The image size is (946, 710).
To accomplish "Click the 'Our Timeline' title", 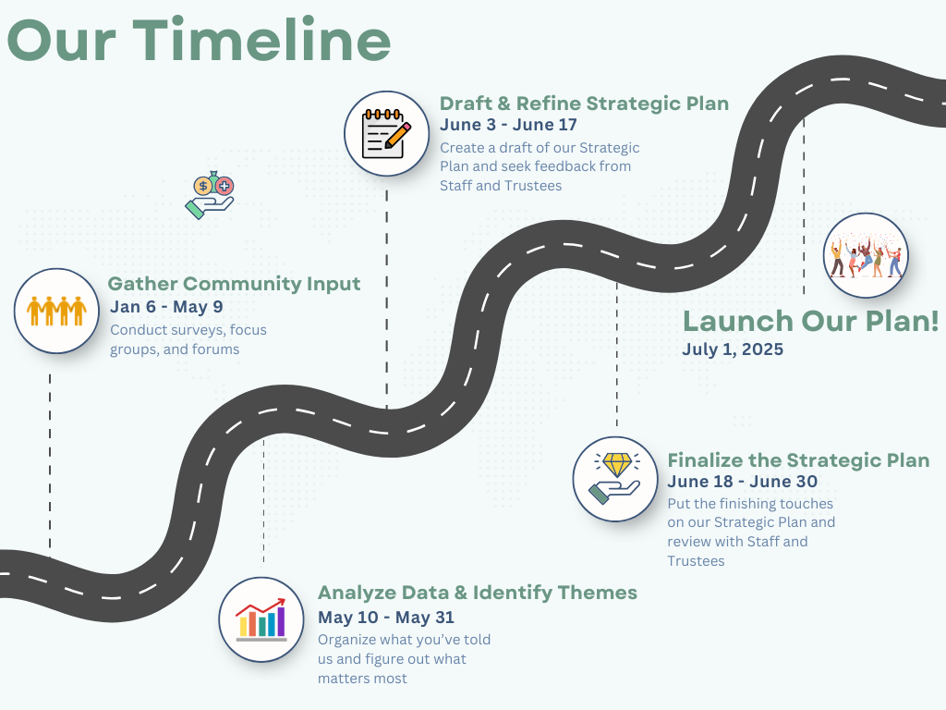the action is click(x=200, y=40).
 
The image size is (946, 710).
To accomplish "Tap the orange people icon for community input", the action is click(x=56, y=311).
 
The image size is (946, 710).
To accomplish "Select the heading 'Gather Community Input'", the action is click(x=234, y=284).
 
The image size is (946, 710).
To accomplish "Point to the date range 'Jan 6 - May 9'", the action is click(x=166, y=307).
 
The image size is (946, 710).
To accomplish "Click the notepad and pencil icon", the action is click(x=387, y=133).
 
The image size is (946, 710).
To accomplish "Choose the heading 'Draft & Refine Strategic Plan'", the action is click(x=584, y=104).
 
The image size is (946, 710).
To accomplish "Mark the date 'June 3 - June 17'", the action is click(x=508, y=125).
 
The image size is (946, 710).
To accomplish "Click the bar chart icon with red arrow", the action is click(x=261, y=619).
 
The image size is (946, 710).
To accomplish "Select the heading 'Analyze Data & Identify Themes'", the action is click(x=478, y=593).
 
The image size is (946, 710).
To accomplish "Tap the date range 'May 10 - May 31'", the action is click(x=386, y=618).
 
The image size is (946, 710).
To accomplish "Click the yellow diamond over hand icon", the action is click(x=615, y=479).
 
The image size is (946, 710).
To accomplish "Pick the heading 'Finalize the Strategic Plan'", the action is click(x=798, y=460).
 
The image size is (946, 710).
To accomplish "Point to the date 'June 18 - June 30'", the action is click(x=742, y=482).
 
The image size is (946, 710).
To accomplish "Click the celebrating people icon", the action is click(x=866, y=255).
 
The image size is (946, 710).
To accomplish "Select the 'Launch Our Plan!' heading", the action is click(x=810, y=321).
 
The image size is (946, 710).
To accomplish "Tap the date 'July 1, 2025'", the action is click(x=733, y=349).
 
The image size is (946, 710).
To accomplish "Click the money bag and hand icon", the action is click(x=210, y=195).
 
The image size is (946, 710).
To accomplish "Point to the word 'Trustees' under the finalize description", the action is click(x=696, y=561).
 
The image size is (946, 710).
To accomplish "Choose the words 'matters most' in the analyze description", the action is click(x=362, y=679).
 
